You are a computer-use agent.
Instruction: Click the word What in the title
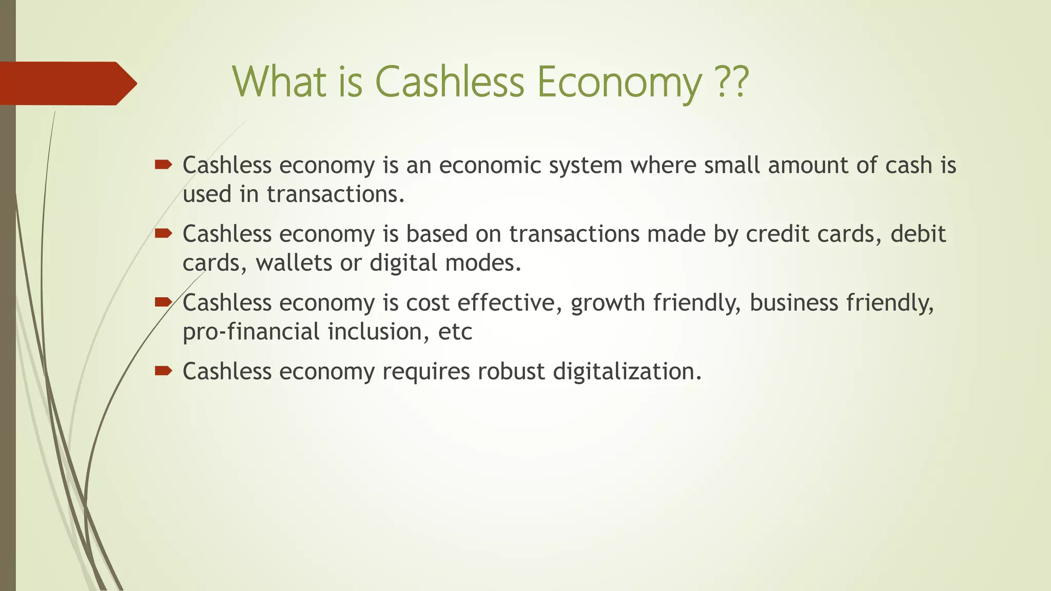pos(280,82)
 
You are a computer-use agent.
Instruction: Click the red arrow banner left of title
pos(67,83)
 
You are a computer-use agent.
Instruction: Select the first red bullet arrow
pos(163,165)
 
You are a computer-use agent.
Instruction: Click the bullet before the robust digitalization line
pos(163,370)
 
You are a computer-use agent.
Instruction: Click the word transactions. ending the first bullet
pos(335,194)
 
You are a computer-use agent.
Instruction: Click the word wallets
pos(294,263)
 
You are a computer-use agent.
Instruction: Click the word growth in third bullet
pos(607,303)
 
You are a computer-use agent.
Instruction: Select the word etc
pos(455,332)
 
